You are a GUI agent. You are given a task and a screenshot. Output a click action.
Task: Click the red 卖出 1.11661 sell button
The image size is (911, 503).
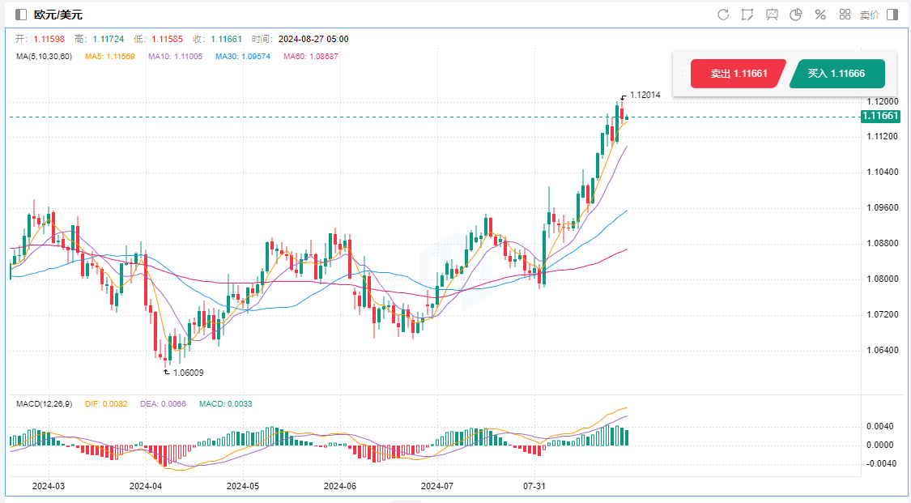(x=738, y=74)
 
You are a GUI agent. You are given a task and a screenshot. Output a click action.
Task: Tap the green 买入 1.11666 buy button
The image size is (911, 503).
(x=837, y=74)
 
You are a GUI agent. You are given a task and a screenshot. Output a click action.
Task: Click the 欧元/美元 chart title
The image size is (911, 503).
(x=58, y=15)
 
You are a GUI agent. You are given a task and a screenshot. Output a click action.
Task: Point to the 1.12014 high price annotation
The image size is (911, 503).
(x=645, y=95)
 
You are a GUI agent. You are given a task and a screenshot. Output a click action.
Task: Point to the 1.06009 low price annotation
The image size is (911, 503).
(x=188, y=373)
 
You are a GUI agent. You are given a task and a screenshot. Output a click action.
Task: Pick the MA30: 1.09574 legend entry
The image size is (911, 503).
(x=243, y=57)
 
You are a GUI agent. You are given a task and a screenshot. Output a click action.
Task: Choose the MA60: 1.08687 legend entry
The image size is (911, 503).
(x=311, y=57)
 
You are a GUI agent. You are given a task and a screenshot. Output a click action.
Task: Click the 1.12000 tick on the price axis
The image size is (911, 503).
(x=882, y=101)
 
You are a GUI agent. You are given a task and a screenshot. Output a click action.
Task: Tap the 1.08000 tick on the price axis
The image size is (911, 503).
(x=882, y=279)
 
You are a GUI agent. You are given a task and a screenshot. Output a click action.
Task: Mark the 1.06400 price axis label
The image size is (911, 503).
(x=882, y=350)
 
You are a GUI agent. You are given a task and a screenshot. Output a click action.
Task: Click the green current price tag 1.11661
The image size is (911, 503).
(x=880, y=116)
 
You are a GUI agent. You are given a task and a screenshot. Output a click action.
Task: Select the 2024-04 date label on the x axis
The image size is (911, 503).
(x=146, y=487)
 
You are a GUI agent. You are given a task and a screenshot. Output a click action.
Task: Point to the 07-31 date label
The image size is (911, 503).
(x=534, y=487)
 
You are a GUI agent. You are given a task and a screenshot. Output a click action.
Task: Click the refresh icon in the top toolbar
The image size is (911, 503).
(x=723, y=15)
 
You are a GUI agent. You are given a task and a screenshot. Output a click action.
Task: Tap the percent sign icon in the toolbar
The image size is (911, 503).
(x=820, y=15)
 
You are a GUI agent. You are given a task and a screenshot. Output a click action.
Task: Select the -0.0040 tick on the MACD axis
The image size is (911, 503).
(x=880, y=463)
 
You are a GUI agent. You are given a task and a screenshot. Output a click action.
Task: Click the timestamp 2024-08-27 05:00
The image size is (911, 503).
(x=313, y=39)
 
